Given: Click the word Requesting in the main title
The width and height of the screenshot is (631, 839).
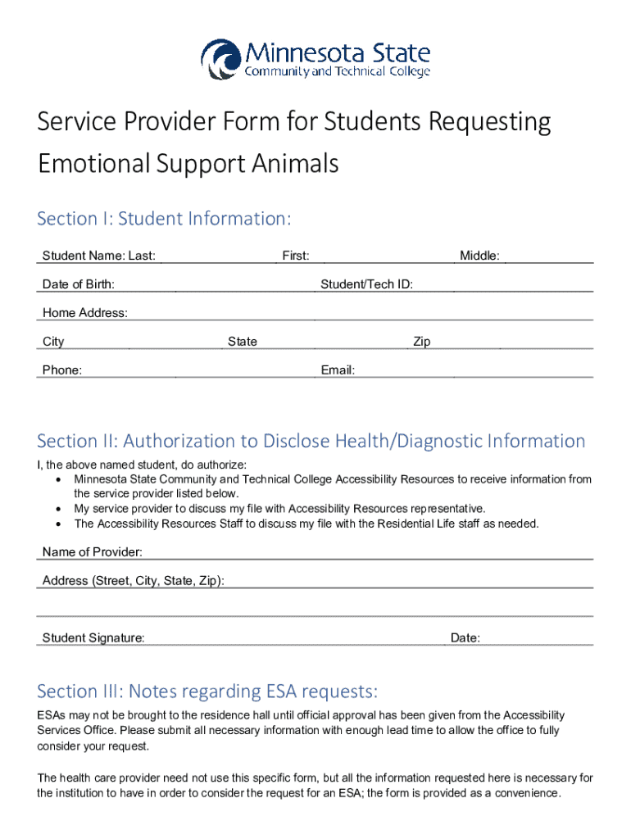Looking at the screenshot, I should (x=479, y=123).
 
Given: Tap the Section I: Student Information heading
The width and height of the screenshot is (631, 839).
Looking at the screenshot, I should (x=164, y=219).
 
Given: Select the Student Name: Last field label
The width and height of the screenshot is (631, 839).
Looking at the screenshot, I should (x=99, y=256).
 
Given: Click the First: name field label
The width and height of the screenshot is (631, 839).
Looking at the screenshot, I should (x=296, y=256).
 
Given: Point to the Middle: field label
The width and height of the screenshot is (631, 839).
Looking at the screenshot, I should (x=479, y=256).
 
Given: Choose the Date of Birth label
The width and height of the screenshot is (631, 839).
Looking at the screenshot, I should (x=79, y=284).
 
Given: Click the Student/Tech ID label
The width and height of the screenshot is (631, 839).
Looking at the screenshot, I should (x=366, y=284).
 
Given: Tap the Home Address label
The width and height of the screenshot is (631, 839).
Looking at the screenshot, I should (x=85, y=313).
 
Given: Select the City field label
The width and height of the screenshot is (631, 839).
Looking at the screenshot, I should (x=53, y=342).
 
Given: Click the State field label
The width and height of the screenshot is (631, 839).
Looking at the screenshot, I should (x=243, y=342).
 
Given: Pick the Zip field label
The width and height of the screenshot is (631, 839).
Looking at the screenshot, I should (x=422, y=342).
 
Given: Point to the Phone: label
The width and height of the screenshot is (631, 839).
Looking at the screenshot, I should (x=62, y=370).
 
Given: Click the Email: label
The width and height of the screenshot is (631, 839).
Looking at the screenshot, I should (x=338, y=370).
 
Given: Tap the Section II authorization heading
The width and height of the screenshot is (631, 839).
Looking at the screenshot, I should (x=311, y=441).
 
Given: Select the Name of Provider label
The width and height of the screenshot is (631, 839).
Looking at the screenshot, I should (x=93, y=552).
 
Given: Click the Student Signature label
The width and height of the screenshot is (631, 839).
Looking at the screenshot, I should (x=93, y=638).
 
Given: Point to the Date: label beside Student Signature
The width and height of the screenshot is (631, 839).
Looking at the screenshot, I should (x=465, y=638).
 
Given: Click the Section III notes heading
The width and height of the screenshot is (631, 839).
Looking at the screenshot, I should (x=207, y=692).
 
